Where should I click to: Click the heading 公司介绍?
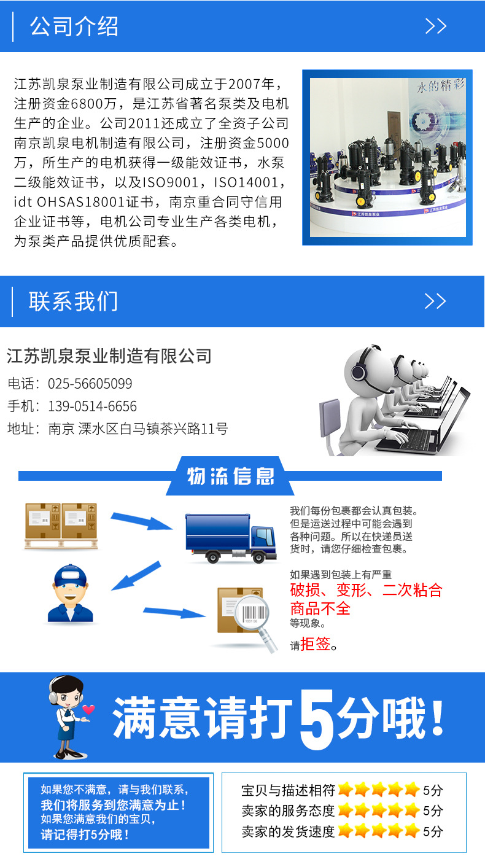74,26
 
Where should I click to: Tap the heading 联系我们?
73,301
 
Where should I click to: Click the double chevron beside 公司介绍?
435,26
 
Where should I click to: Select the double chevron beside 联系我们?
435,301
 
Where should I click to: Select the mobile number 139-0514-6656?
92,406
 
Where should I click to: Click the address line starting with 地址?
117,429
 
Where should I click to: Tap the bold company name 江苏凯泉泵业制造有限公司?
109,356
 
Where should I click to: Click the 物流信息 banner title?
230,476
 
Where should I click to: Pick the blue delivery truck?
230,537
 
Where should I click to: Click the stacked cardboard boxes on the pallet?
61,525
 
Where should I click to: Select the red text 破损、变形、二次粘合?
366,591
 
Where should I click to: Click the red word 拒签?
316,644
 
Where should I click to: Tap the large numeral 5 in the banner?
316,717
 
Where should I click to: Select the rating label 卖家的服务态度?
288,810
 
